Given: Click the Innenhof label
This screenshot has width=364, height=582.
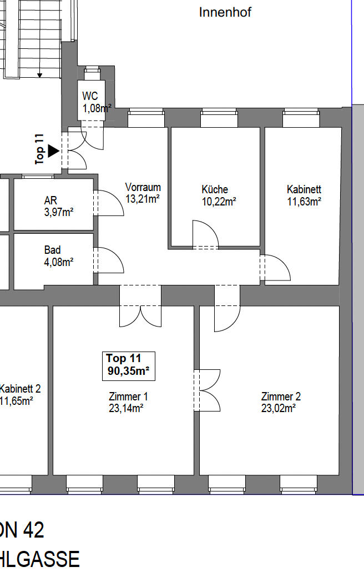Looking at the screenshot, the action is (225, 12).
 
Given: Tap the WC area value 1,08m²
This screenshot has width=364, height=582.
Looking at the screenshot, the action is (97, 108).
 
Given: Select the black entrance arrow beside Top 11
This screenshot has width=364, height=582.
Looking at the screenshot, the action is (53, 151).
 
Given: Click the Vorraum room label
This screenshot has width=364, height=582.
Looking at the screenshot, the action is (143, 187).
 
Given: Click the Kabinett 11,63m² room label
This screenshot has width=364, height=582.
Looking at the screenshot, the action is (304, 189).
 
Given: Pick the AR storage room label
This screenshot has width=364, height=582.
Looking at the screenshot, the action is (50, 200).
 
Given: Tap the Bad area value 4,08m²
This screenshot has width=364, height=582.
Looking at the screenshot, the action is (59, 262).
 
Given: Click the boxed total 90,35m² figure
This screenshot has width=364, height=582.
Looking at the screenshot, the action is (128, 371).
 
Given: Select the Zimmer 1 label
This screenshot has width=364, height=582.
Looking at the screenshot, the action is (128, 397).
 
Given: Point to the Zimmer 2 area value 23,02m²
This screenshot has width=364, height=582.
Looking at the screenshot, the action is (279, 408).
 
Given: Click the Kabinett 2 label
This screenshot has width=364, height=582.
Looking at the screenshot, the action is (20, 389).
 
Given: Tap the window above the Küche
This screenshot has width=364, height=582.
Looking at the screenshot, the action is (219, 118).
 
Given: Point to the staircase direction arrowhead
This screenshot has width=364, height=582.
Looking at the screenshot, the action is (40, 76).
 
